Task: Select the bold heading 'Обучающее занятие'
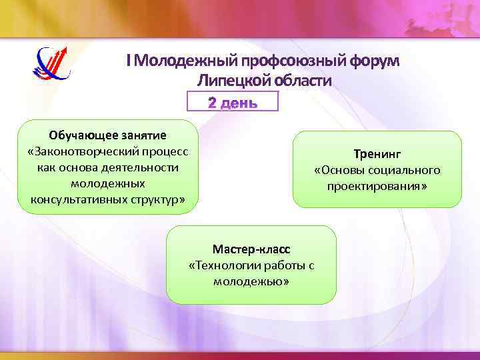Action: [x=107, y=136]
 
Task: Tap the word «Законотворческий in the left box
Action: [x=84, y=152]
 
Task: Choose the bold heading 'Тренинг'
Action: [x=377, y=155]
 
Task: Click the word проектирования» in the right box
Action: [x=377, y=186]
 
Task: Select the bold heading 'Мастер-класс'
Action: [x=251, y=249]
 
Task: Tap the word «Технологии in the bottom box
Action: [x=225, y=265]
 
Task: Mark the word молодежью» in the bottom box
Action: [x=251, y=281]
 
